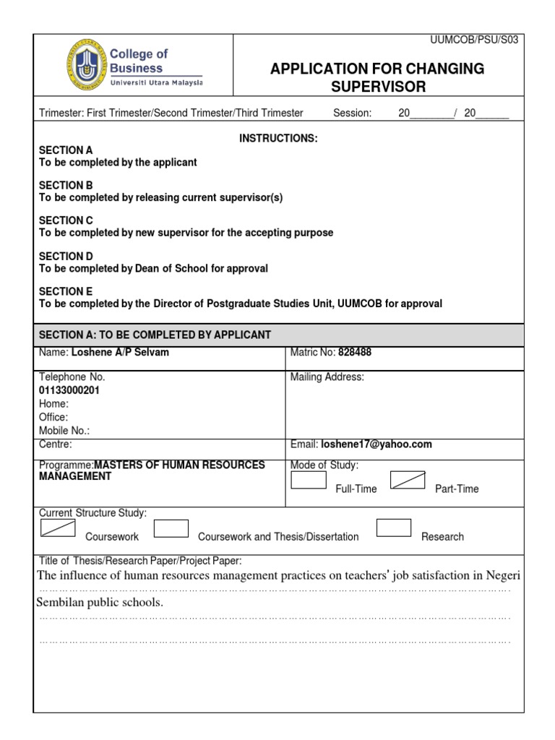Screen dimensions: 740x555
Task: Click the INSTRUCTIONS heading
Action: (x=278, y=138)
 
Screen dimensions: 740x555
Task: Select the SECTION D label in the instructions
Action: (x=66, y=256)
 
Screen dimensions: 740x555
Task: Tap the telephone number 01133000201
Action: (x=69, y=390)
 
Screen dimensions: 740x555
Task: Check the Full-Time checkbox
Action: (x=309, y=481)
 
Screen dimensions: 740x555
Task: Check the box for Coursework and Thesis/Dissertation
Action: (x=171, y=529)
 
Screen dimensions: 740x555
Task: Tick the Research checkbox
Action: (x=394, y=528)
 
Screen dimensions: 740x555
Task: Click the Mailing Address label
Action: (x=327, y=377)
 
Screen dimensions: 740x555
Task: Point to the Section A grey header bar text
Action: (x=155, y=334)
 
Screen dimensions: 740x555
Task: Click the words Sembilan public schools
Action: (x=100, y=603)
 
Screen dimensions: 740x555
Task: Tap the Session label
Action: (x=352, y=113)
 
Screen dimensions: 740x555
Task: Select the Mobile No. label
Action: (x=64, y=431)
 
